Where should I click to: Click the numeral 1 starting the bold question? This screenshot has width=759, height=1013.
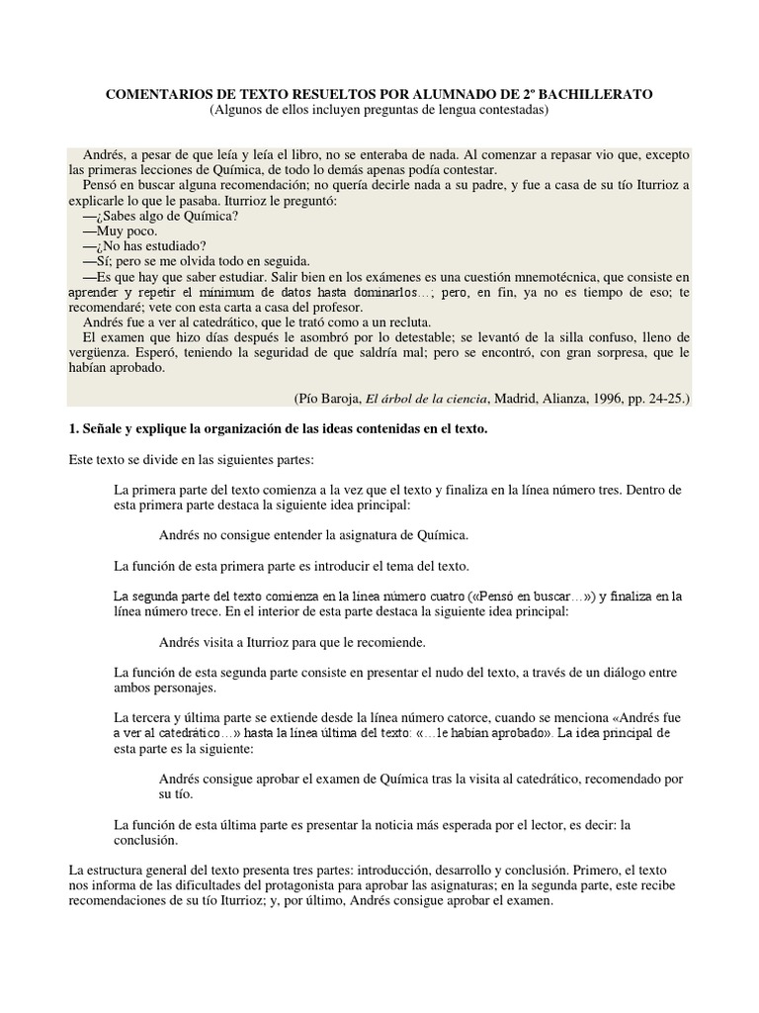72,427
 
